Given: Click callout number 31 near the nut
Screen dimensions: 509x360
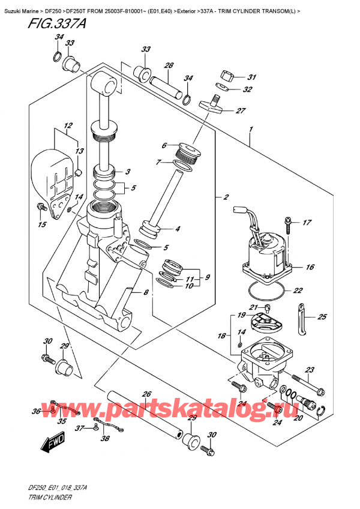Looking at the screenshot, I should pos(251,77).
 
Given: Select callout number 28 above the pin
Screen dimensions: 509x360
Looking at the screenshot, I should pos(169,65).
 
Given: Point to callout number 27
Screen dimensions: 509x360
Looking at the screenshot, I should pos(241,110).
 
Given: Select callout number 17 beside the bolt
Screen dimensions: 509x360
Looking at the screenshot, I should pos(307,223).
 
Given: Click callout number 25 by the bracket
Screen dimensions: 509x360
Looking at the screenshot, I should pos(322,316).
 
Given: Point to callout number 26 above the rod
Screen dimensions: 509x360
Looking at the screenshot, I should pos(146,394).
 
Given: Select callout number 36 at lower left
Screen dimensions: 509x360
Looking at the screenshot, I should pos(37,411).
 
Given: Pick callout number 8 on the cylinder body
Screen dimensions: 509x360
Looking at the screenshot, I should pos(145,292).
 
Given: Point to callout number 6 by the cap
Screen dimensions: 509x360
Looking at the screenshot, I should pos(163,144).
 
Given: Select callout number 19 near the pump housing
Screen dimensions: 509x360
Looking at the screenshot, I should pos(240,315).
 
